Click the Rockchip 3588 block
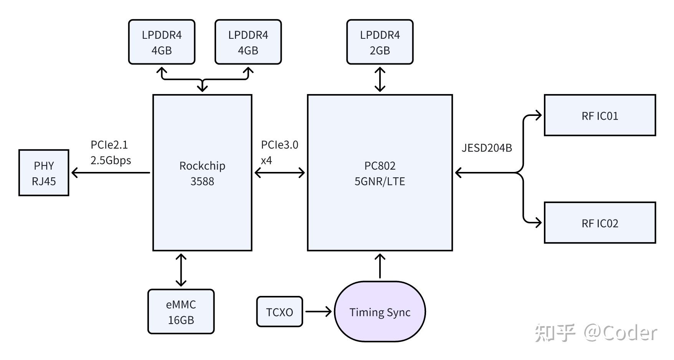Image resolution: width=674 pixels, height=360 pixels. click(202, 173)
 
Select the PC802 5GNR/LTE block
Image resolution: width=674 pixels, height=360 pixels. click(380, 173)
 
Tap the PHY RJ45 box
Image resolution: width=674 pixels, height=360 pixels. click(44, 173)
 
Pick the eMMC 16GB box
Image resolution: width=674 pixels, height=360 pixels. click(181, 312)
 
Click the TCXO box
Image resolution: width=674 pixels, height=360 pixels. click(279, 312)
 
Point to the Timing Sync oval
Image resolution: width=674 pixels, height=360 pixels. click(380, 312)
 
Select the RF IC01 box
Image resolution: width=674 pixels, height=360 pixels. click(600, 115)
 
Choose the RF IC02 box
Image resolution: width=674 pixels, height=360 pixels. click(600, 223)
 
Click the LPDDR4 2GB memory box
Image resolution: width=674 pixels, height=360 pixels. click(380, 42)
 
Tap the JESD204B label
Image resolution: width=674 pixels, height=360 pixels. click(486, 148)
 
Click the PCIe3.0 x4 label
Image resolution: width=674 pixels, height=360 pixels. click(279, 152)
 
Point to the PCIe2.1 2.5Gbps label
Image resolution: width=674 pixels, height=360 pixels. click(111, 152)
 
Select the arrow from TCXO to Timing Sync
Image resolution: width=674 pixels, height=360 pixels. click(318, 311)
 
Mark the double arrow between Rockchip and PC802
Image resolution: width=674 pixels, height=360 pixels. click(279, 173)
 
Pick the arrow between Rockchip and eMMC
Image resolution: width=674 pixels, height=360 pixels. click(181, 270)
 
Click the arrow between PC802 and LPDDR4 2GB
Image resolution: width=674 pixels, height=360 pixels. click(380, 79)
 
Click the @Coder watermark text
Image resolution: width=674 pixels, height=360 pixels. click(621, 333)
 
